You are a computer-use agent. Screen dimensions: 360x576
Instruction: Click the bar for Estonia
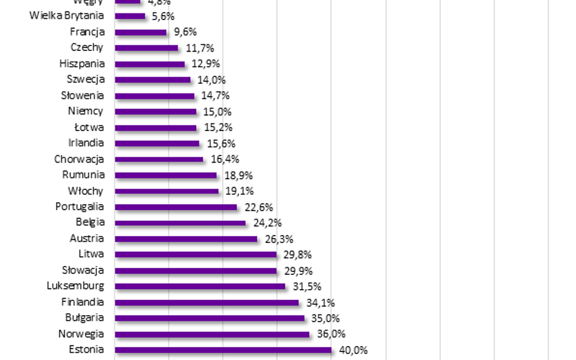pos(222,350)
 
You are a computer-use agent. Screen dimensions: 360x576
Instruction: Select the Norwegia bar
pos(211,334)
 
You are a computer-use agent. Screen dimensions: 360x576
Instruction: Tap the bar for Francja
pos(140,32)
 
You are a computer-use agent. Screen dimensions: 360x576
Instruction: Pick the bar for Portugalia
pos(176,207)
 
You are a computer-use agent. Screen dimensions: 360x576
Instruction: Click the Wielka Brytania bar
pos(130,16)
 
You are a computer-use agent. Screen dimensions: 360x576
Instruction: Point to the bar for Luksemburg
pos(199,287)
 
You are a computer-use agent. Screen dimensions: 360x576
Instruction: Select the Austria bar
pos(185,239)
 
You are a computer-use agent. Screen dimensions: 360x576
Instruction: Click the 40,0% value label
pos(353,350)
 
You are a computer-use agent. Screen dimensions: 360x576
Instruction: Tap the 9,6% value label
pos(185,32)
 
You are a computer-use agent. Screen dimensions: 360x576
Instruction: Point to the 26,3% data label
pos(279,239)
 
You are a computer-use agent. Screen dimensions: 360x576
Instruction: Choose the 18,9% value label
pos(238,175)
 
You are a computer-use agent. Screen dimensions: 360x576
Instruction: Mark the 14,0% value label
pos(211,80)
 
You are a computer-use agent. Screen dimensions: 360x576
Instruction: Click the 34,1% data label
pos(320,302)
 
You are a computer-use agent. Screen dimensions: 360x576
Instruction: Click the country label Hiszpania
pos(82,64)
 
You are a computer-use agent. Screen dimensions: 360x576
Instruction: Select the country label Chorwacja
pos(79,159)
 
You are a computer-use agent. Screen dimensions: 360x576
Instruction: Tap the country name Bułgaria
pos(84,318)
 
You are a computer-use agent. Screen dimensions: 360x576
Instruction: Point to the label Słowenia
pos(83,95)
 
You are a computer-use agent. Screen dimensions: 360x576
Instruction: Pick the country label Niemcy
pos(86,111)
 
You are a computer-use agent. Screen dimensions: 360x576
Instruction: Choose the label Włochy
pos(86,191)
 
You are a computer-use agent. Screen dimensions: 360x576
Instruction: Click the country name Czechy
pos(87,48)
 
